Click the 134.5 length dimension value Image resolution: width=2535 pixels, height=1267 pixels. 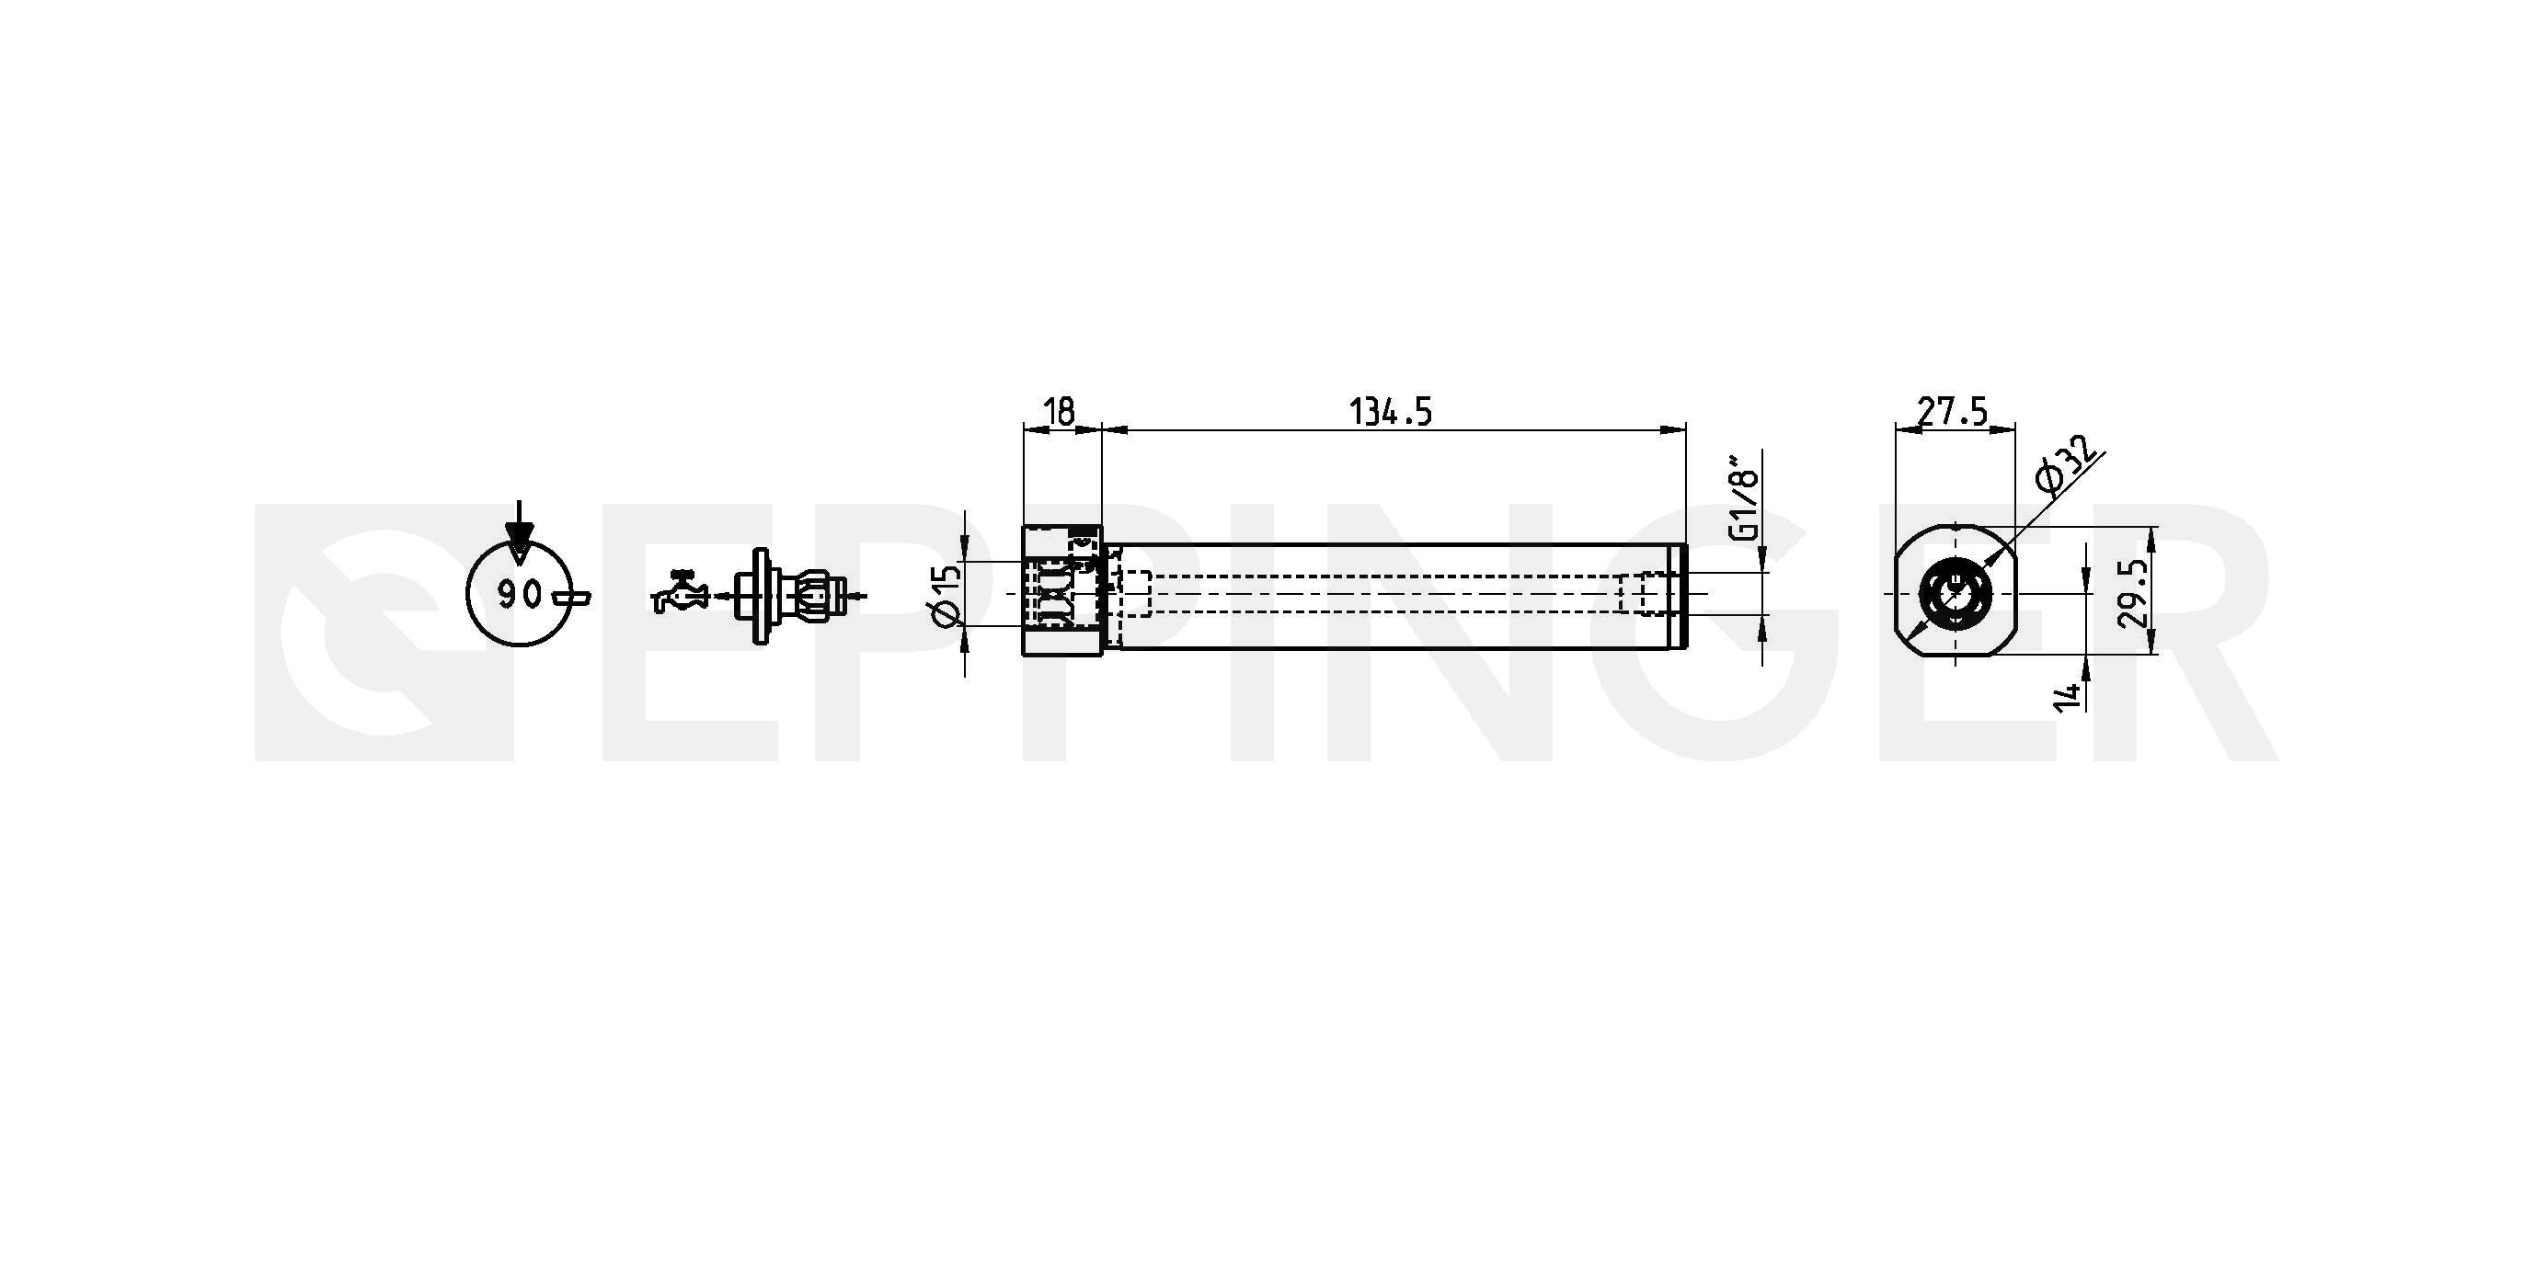pos(1390,411)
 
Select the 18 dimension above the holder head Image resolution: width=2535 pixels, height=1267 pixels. pos(1059,411)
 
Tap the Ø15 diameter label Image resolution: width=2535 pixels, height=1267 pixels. pos(944,597)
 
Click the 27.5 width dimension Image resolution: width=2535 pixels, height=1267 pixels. pos(1953,411)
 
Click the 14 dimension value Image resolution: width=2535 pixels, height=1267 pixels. pos(2068,694)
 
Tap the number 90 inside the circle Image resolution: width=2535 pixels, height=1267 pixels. pos(519,594)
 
